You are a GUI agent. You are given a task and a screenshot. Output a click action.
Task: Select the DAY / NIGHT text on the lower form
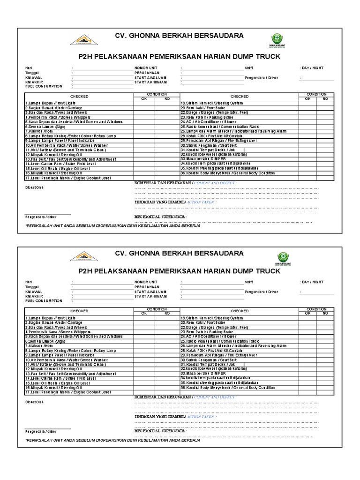point(312,282)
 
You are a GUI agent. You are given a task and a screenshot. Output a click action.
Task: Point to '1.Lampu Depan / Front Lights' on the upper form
point(50,102)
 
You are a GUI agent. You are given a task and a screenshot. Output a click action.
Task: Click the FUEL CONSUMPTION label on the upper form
point(44,86)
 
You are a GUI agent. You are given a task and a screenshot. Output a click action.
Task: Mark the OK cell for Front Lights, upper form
point(144,102)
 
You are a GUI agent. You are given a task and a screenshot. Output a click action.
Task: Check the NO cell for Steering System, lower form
point(325,318)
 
